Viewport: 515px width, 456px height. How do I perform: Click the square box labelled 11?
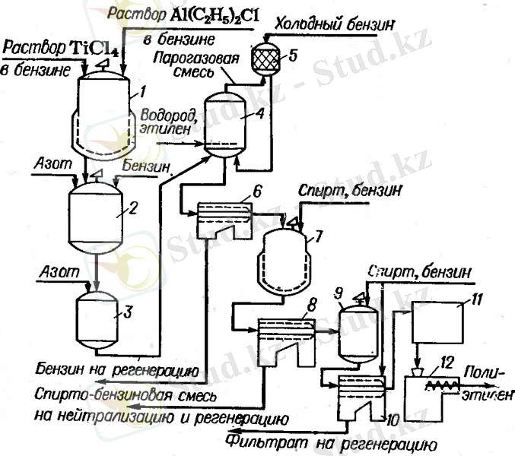pyautogui.click(x=437, y=321)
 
